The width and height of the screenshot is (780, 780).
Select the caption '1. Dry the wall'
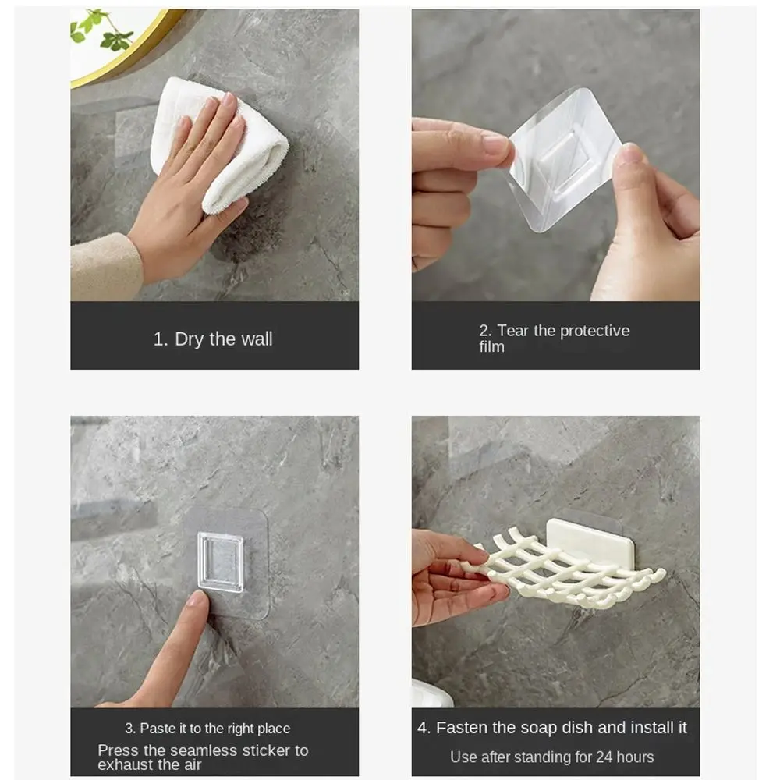click(213, 339)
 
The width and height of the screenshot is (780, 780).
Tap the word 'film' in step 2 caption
click(491, 347)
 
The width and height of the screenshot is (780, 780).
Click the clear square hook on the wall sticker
click(220, 562)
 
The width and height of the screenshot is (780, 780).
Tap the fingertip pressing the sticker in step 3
click(197, 601)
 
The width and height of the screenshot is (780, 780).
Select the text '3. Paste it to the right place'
click(207, 729)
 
